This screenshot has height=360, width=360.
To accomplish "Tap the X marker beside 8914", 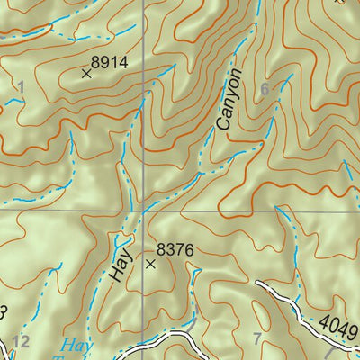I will coord(86,74).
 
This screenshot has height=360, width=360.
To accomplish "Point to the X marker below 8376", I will coord(150,265).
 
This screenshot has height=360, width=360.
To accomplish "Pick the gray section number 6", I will coord(264,89).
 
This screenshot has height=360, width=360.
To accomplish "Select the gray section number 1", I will coord(20,86).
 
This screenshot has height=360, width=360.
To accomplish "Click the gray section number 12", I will coord(21,340).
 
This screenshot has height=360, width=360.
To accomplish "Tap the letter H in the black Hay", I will coord(122,279).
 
